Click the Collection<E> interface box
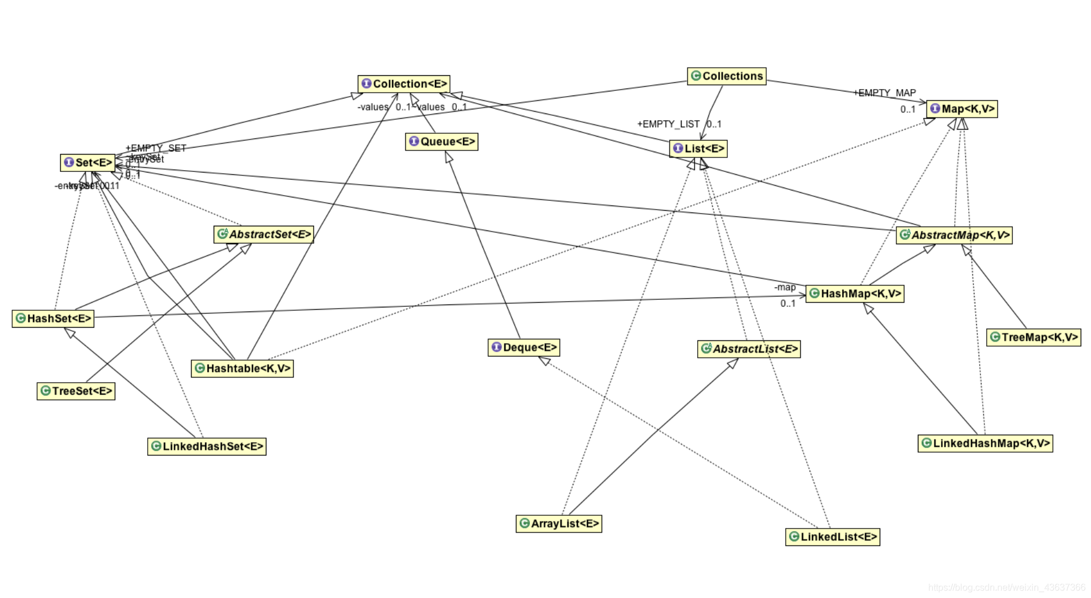coord(404,84)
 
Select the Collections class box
coord(727,76)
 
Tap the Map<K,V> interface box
coord(962,109)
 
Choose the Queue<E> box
coord(442,141)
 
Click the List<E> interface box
coord(698,149)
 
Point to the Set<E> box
coord(87,163)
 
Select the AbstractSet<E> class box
coord(263,234)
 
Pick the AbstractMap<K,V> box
coord(954,235)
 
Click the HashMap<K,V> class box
coord(855,294)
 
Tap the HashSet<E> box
coord(53,318)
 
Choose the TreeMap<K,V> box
coord(1034,337)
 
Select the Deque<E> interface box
coord(524,347)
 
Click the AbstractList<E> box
coord(749,349)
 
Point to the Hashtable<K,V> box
coord(242,368)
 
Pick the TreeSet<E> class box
coord(76,391)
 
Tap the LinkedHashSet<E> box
coord(207,446)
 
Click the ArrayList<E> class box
coord(559,523)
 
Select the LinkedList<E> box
coord(833,537)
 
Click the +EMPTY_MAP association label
coord(885,93)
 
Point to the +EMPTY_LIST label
coord(668,124)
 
